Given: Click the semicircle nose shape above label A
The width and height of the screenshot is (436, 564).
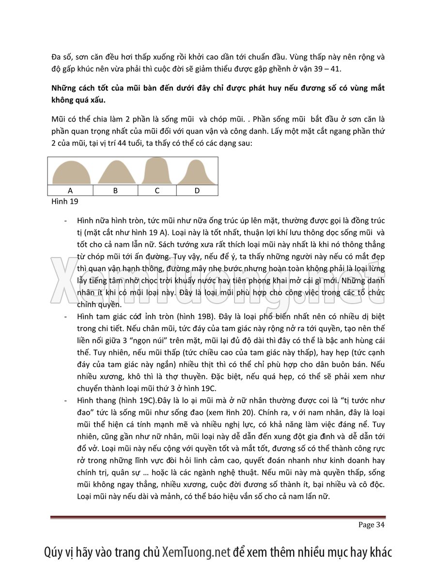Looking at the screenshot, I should pyautogui.click(x=71, y=173).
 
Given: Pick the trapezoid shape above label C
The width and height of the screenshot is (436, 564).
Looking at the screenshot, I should pyautogui.click(x=157, y=171).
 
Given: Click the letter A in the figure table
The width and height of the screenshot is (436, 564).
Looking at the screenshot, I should pyautogui.click(x=70, y=190).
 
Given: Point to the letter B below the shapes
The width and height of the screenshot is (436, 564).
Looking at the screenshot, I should pyautogui.click(x=115, y=190).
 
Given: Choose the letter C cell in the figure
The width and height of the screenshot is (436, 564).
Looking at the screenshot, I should pyautogui.click(x=157, y=190).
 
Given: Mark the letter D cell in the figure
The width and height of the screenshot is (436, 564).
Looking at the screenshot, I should pyautogui.click(x=197, y=190).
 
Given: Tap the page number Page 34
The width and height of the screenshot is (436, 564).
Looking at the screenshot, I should pyautogui.click(x=372, y=525).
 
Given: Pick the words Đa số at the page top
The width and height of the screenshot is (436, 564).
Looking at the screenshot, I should pyautogui.click(x=62, y=57).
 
